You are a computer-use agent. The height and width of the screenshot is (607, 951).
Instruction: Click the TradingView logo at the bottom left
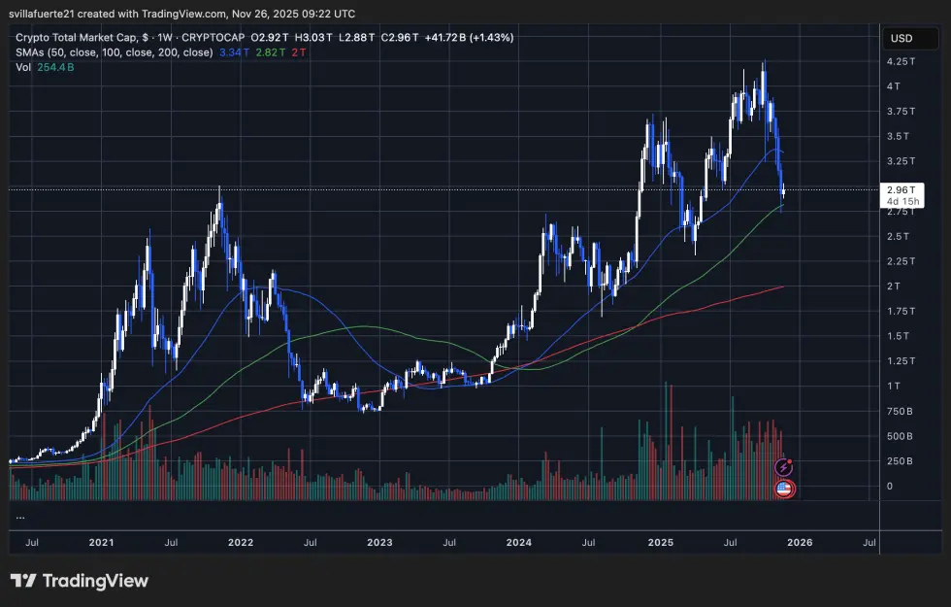[x=80, y=581]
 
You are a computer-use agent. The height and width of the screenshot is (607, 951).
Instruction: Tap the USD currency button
[x=901, y=39]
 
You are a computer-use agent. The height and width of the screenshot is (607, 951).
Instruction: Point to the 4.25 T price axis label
[x=901, y=60]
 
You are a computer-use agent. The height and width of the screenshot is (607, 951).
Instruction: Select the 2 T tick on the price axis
[x=894, y=286]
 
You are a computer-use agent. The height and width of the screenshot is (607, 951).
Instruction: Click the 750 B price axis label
[x=900, y=411]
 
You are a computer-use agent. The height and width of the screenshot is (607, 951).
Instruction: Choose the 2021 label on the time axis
[x=100, y=544]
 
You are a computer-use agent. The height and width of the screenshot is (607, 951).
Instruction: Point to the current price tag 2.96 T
[x=900, y=189]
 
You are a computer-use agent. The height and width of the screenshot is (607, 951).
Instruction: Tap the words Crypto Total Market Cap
[x=72, y=37]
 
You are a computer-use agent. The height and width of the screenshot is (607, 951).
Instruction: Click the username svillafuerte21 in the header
[x=49, y=14]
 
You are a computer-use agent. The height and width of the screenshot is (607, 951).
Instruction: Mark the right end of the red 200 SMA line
[x=782, y=287]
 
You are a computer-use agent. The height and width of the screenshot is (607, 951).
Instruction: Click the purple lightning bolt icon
[x=785, y=468]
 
